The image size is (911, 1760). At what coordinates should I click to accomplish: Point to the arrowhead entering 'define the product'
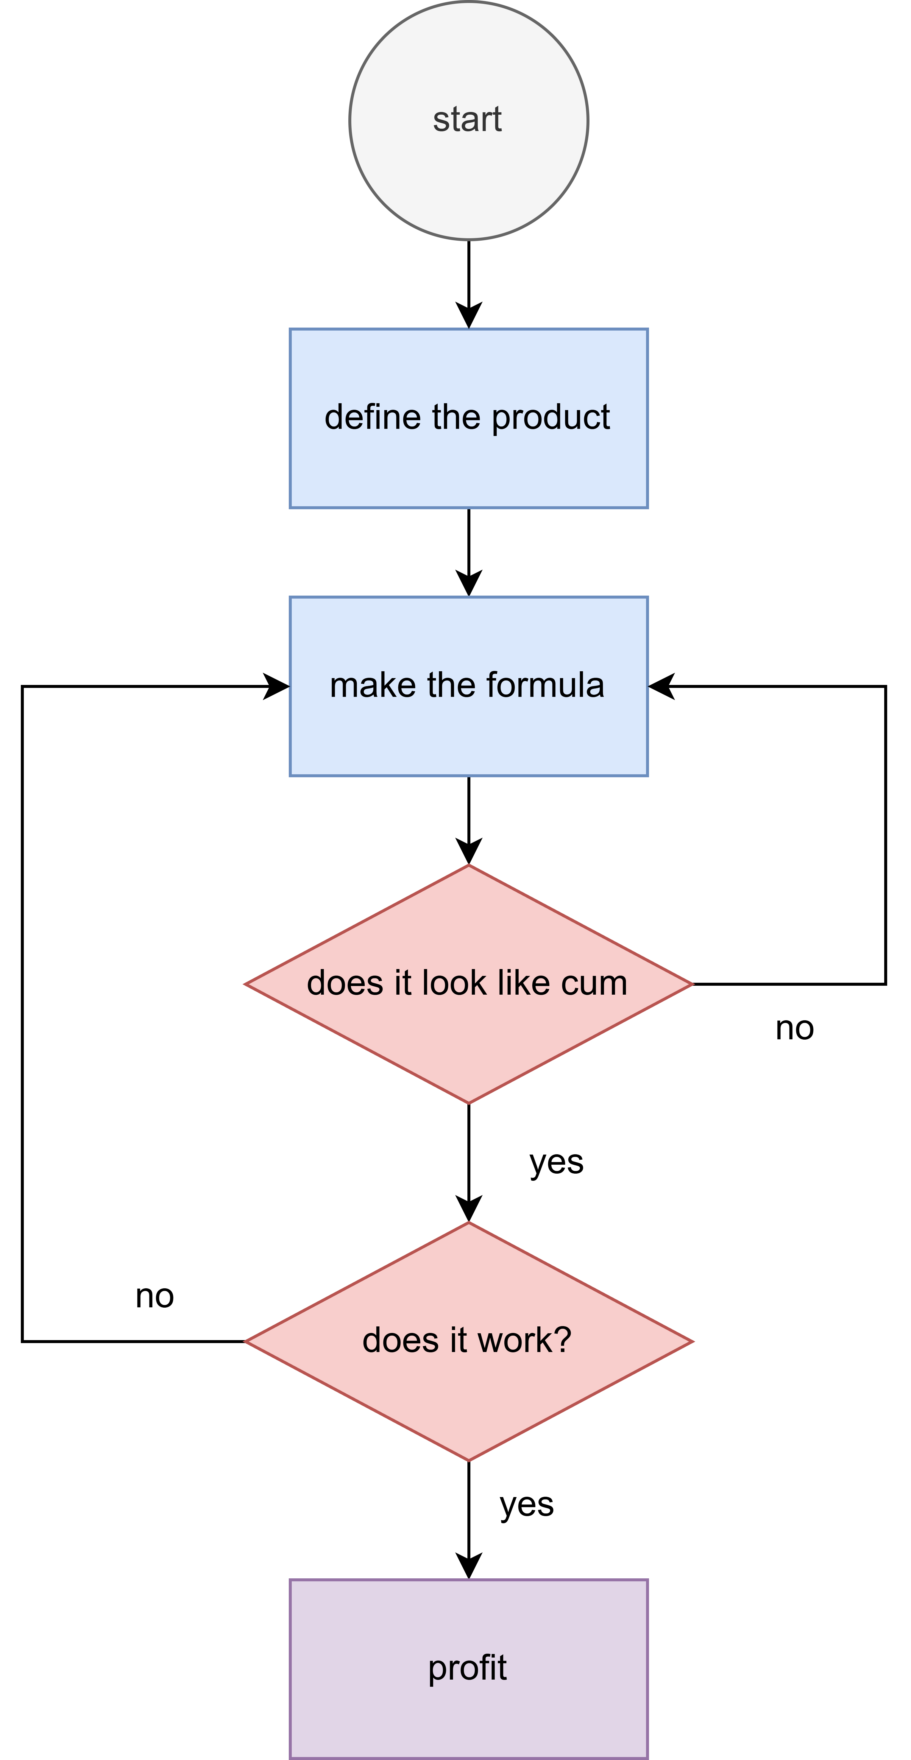click(469, 316)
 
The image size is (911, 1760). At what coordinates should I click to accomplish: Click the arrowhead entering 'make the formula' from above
click(469, 583)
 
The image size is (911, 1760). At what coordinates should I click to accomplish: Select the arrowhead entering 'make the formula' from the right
click(661, 686)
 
